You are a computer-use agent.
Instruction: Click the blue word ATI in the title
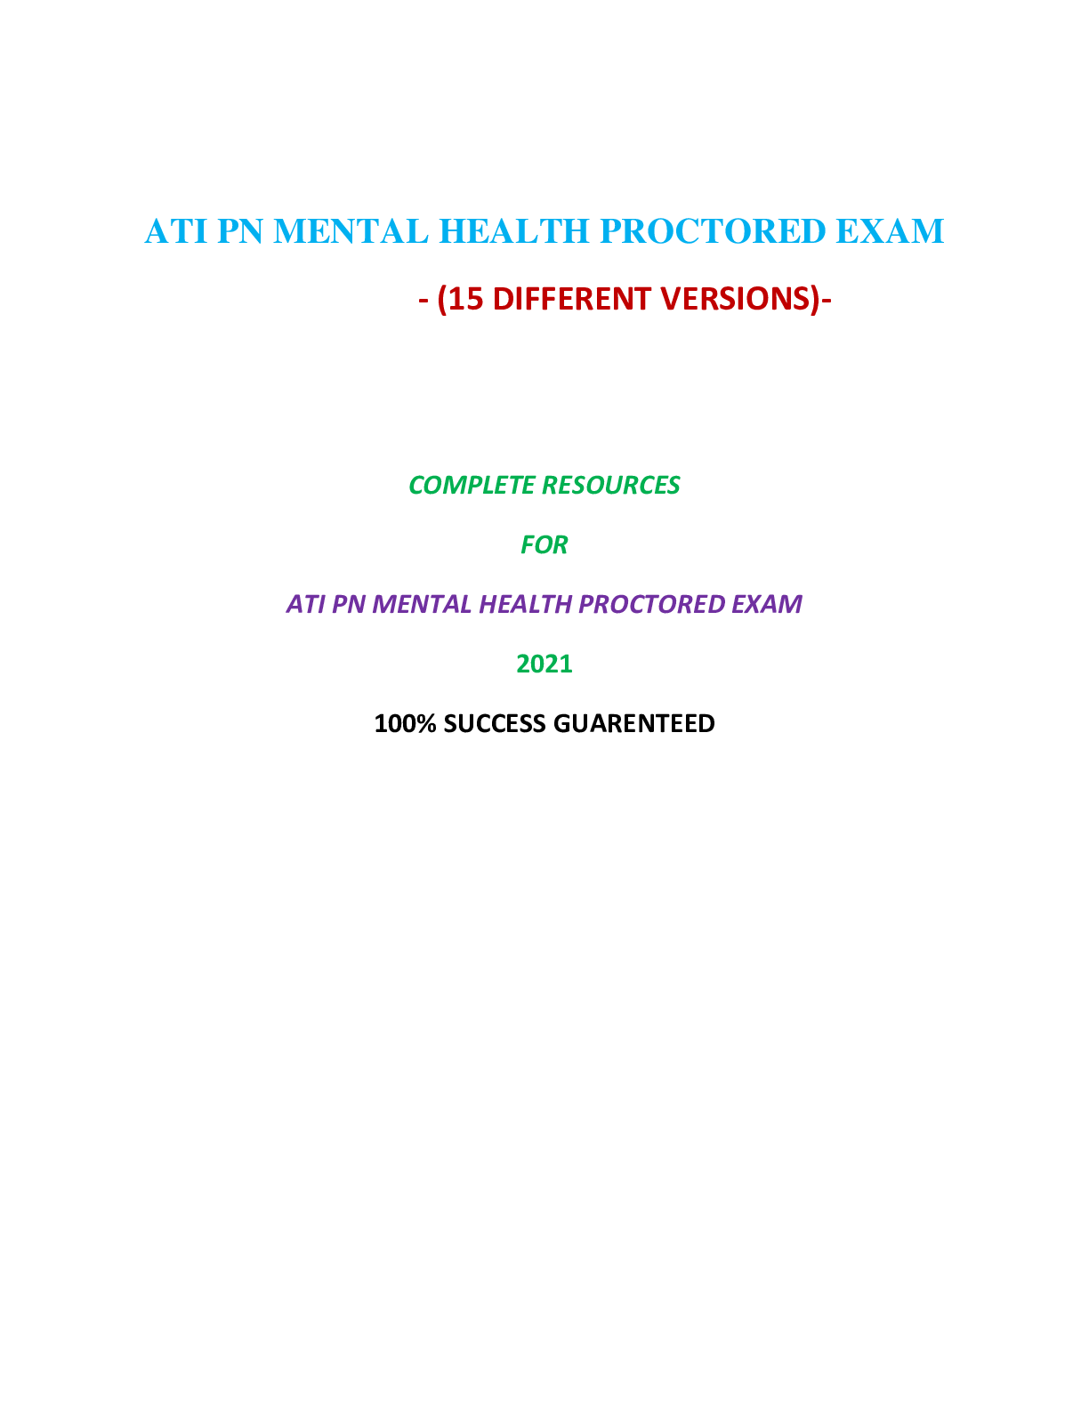pos(176,231)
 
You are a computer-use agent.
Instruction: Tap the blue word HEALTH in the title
pos(514,231)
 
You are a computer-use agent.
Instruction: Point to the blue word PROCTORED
pos(713,231)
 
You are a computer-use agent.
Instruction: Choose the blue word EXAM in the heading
pos(889,231)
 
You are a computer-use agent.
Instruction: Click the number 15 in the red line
pos(465,299)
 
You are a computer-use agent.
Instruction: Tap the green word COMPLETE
pos(471,485)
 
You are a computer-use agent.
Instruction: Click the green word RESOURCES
pos(610,485)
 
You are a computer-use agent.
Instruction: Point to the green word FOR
pos(544,544)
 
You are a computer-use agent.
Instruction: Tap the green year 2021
pos(544,664)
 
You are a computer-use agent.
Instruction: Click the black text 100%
pos(405,723)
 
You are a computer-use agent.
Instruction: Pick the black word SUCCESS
pos(495,723)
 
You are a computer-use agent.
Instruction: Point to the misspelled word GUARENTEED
pos(633,723)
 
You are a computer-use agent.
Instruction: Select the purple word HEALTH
pos(525,604)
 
